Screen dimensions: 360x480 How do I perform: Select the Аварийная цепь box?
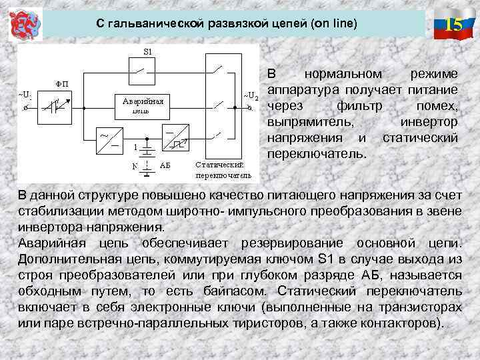pyautogui.click(x=141, y=105)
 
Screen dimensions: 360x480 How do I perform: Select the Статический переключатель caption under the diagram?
pyautogui.click(x=223, y=169)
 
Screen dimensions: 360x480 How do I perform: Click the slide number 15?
pyautogui.click(x=453, y=25)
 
